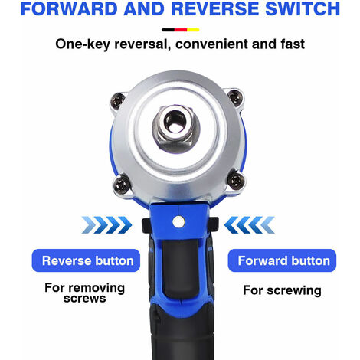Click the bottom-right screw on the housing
(237, 181)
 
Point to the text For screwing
(281, 291)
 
